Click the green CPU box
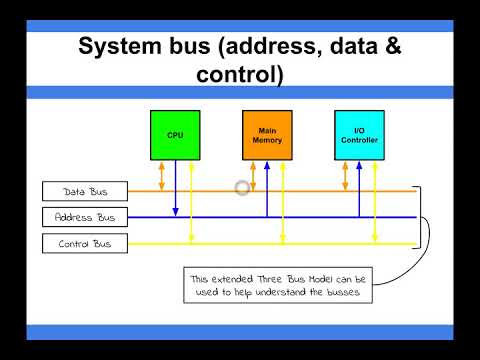(x=175, y=135)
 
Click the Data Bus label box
(x=85, y=191)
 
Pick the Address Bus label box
(x=85, y=217)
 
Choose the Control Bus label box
(x=85, y=243)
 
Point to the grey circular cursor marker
(x=242, y=187)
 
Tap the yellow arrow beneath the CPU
(x=191, y=201)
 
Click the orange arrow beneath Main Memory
(x=253, y=175)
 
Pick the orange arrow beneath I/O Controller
(x=345, y=175)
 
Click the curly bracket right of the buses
(x=424, y=217)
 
